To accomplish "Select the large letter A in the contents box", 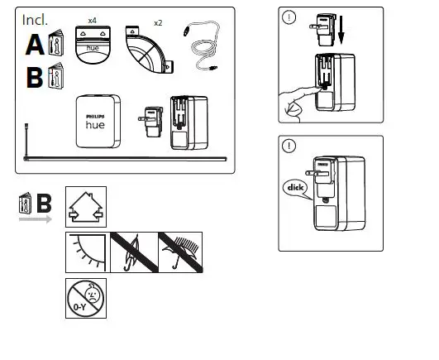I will (x=36, y=44).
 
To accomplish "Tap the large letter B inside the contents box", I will (x=36, y=77).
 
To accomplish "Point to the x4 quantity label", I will (x=93, y=17).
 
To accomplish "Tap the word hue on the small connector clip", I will (x=94, y=49).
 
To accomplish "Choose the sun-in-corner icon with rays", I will (x=86, y=252).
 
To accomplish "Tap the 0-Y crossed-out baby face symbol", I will (x=86, y=298).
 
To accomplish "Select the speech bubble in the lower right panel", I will (x=294, y=187).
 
